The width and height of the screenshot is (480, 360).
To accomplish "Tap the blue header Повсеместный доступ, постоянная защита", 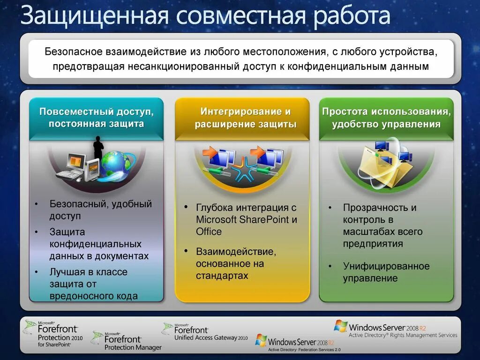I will click(96, 118).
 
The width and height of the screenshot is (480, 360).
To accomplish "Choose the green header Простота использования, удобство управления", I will click(386, 118).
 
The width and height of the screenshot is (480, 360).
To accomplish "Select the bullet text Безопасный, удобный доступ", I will click(100, 210).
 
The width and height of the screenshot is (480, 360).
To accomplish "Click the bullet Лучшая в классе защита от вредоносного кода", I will click(93, 284).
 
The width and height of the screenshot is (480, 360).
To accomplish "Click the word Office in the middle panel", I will click(209, 232).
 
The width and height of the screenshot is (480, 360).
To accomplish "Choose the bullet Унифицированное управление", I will click(386, 272).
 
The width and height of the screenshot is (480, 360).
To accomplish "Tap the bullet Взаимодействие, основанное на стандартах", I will click(236, 263).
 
